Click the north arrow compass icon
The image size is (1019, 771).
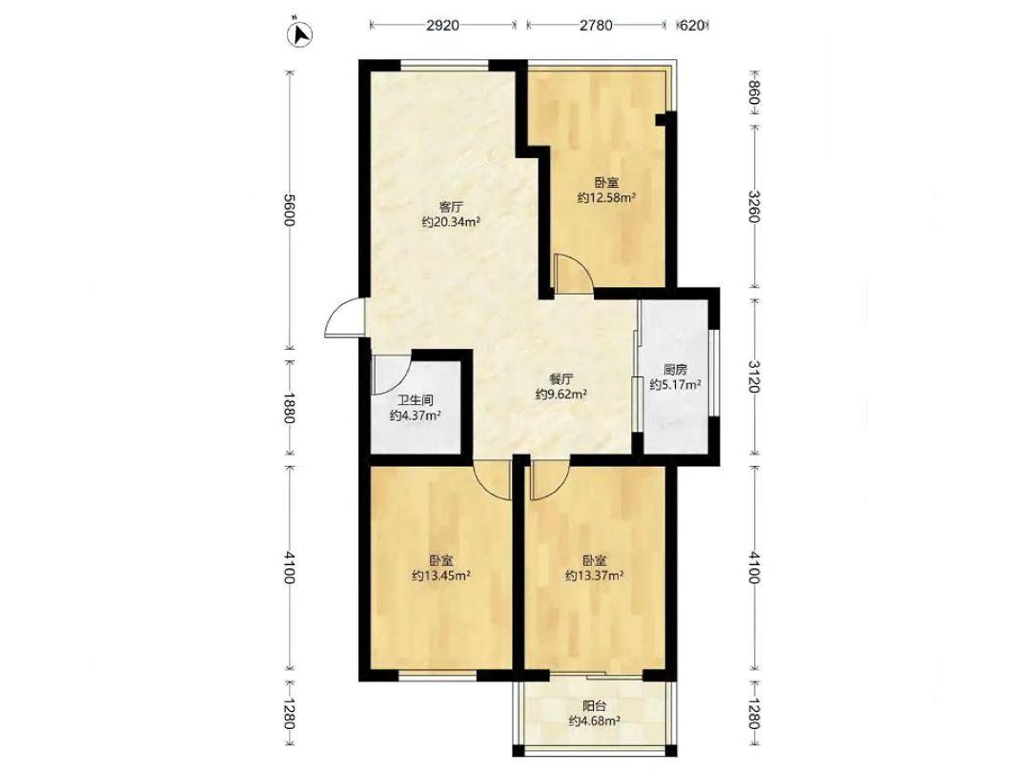301,33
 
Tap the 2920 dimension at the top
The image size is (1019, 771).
442,26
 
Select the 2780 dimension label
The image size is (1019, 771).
595,26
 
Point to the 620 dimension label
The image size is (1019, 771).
692,26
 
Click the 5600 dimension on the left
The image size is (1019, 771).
289,211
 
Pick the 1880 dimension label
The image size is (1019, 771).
289,408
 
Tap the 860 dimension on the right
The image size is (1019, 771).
753,92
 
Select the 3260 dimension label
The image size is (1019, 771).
753,206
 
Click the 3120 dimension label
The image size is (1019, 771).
753,376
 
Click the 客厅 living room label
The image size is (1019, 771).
450,208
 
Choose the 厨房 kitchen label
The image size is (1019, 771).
675,370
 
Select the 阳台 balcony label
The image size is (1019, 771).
594,706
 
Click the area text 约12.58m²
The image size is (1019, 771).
606,197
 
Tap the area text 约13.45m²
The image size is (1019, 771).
441,576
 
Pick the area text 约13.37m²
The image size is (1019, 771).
595,576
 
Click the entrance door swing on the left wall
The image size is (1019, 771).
345,317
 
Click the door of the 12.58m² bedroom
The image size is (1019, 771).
573,274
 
